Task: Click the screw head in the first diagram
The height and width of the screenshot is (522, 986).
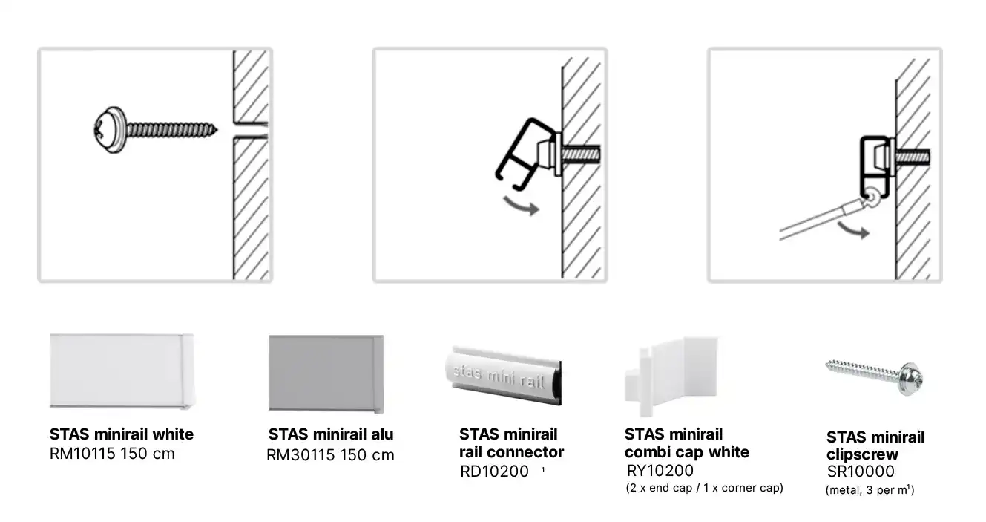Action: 110,130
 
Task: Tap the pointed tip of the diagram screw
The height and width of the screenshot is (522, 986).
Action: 217,130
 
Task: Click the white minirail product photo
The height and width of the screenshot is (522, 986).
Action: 122,371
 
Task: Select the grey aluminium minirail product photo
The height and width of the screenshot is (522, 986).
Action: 326,374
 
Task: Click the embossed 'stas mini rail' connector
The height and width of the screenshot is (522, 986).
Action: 504,376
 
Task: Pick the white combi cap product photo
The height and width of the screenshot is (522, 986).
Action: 671,376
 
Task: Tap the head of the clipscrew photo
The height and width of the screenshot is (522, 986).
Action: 910,379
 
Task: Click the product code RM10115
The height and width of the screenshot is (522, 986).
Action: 82,454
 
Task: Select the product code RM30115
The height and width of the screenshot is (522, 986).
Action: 300,455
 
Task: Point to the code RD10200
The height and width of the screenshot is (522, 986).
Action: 494,472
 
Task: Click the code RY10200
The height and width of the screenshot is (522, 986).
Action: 660,471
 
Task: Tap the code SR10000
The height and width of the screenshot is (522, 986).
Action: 861,472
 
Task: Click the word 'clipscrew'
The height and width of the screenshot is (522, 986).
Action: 862,454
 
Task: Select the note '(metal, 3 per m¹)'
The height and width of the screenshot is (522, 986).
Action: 870,490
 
